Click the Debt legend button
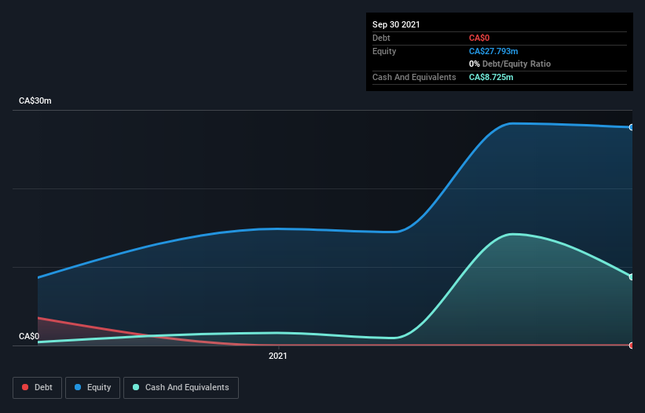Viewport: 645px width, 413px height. coord(37,387)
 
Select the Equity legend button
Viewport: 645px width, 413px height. coord(93,387)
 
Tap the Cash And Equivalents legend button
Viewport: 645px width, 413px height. coord(181,387)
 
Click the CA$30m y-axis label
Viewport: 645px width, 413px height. coord(35,101)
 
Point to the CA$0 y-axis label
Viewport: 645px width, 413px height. coord(29,336)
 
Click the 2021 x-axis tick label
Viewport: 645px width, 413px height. coord(278,356)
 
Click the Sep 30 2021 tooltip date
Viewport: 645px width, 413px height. coord(396,24)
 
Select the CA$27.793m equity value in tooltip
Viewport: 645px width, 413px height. coord(493,51)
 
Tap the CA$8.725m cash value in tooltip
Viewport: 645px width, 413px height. coord(491,77)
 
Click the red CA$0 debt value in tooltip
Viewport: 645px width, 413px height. coord(480,38)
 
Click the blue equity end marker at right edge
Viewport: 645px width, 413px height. coord(631,127)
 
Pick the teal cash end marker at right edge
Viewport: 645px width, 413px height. coord(631,276)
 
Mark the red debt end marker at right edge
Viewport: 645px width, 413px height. coord(631,345)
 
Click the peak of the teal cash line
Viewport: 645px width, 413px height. coord(512,234)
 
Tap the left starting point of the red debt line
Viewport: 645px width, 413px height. coord(38,318)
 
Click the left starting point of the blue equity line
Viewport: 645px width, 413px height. coord(38,277)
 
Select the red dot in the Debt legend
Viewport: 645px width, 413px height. coord(25,387)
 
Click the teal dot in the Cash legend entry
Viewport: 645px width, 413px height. coord(137,387)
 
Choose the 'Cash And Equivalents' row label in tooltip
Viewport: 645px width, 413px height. coord(414,77)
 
